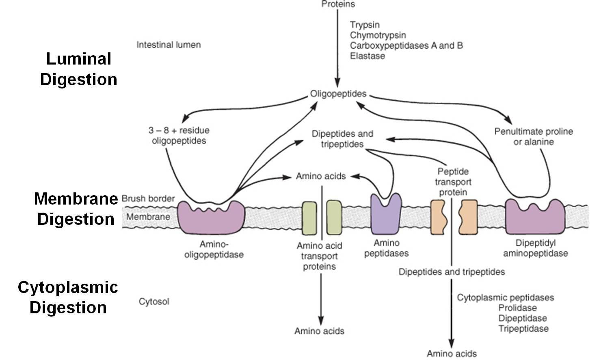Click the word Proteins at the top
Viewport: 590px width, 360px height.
(338, 4)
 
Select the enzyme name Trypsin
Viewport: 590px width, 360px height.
(365, 25)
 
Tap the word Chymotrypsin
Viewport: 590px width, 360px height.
(378, 35)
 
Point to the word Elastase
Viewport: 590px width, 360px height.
(367, 56)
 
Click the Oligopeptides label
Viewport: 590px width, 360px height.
(338, 94)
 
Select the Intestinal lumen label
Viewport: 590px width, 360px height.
(169, 45)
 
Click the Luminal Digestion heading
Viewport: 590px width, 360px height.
(79, 69)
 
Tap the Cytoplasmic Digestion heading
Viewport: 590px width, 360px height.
(68, 297)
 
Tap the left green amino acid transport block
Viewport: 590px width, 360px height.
(309, 218)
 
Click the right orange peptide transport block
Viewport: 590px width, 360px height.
(468, 217)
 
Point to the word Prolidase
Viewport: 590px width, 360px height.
(517, 308)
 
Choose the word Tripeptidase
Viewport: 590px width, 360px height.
(523, 329)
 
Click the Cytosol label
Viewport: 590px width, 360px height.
(154, 302)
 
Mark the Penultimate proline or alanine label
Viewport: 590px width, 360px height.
(534, 137)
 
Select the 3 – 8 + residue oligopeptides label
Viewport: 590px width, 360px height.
(179, 136)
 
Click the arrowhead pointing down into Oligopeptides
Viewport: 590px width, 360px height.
(337, 83)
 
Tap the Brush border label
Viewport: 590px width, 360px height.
(148, 199)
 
